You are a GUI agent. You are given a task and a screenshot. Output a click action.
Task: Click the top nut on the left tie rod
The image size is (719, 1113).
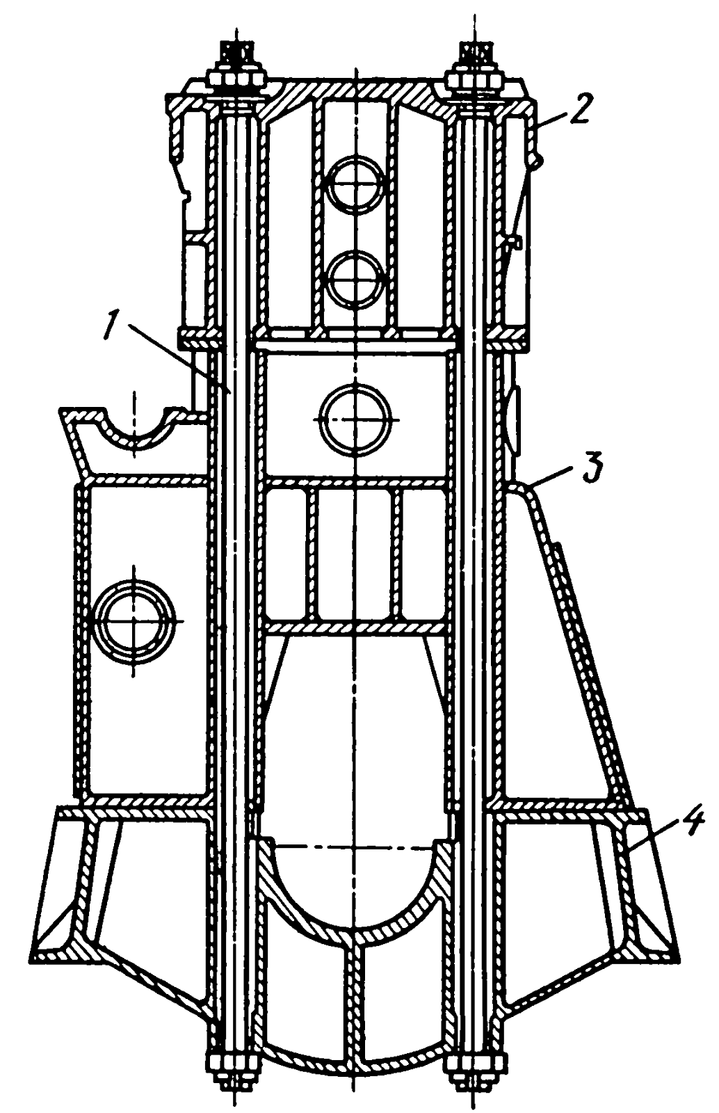click(x=236, y=77)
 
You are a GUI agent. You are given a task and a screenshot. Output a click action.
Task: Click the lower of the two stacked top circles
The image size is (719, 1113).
click(x=357, y=279)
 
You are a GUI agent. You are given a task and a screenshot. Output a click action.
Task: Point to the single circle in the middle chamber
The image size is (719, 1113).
click(x=357, y=420)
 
